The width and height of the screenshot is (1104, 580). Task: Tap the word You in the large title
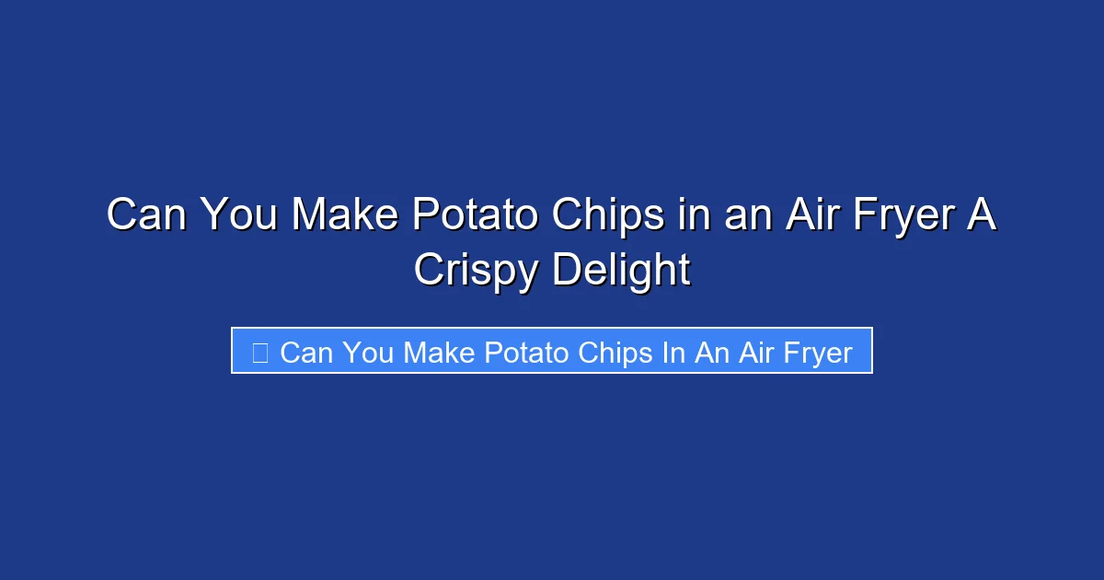(237, 215)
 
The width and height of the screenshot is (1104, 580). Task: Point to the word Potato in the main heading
(477, 215)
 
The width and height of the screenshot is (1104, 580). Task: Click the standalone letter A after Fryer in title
(983, 215)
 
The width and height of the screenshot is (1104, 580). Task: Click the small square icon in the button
(259, 352)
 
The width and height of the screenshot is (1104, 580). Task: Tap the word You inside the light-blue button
(371, 352)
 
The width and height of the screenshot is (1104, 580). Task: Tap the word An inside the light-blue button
(710, 352)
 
